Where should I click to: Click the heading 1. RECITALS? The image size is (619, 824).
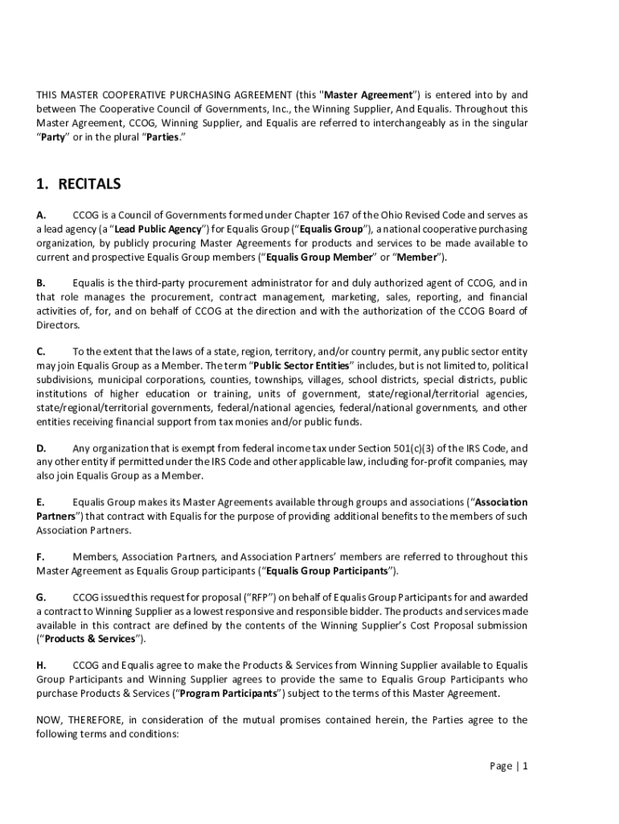pyautogui.click(x=79, y=184)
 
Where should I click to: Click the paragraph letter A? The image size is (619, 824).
pyautogui.click(x=41, y=216)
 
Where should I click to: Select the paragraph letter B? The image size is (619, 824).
pyautogui.click(x=41, y=283)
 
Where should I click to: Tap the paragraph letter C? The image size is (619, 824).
pyautogui.click(x=41, y=352)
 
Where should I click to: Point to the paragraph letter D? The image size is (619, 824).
pyautogui.click(x=41, y=448)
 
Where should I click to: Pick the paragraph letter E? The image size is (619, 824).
pyautogui.click(x=40, y=502)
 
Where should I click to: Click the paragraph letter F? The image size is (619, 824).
pyautogui.click(x=40, y=556)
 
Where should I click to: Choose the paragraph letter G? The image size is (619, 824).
pyautogui.click(x=41, y=598)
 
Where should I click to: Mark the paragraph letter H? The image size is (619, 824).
pyautogui.click(x=41, y=665)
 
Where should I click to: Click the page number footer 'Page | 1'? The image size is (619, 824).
pyautogui.click(x=509, y=766)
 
